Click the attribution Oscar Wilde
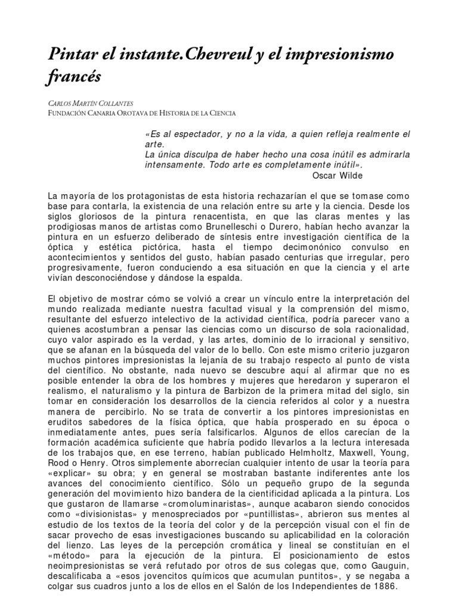coord(337,175)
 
